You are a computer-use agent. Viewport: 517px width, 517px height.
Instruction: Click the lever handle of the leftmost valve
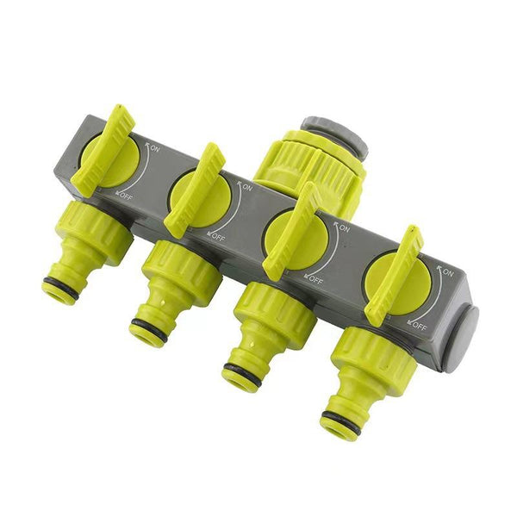[x=103, y=150]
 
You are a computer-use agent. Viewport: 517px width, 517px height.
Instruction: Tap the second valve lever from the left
[x=194, y=190]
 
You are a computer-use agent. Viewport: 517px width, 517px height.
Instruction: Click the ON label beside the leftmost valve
[x=154, y=149]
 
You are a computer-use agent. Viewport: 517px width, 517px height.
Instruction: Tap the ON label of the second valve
[x=247, y=187]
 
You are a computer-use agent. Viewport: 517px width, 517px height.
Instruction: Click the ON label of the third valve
[x=344, y=228]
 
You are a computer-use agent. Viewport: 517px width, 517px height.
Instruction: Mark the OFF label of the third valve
[x=315, y=280]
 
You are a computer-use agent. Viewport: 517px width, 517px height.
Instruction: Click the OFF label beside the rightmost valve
[x=419, y=326]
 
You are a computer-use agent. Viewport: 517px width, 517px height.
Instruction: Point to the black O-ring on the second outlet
[x=149, y=328]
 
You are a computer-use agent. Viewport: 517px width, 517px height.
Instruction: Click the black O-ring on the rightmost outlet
[x=339, y=421]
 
